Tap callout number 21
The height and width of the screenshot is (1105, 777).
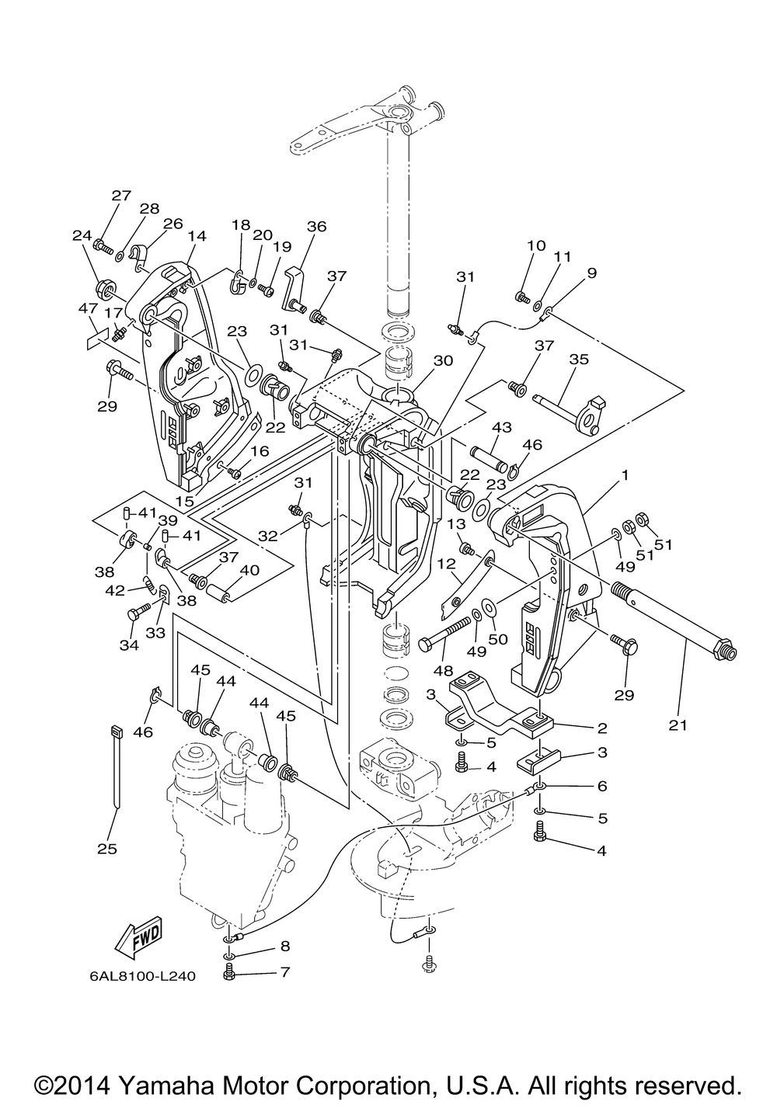pyautogui.click(x=678, y=725)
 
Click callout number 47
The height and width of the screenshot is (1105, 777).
pyautogui.click(x=89, y=308)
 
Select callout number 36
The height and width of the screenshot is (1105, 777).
pyautogui.click(x=316, y=226)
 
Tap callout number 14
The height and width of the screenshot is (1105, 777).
pyautogui.click(x=197, y=236)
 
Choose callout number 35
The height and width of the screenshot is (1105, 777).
pyautogui.click(x=579, y=359)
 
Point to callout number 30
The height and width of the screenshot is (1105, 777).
pyautogui.click(x=443, y=360)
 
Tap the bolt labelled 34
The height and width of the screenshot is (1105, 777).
pyautogui.click(x=139, y=611)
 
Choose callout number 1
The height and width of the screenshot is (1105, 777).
pyautogui.click(x=625, y=475)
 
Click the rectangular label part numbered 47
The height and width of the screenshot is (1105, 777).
pyautogui.click(x=98, y=340)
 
